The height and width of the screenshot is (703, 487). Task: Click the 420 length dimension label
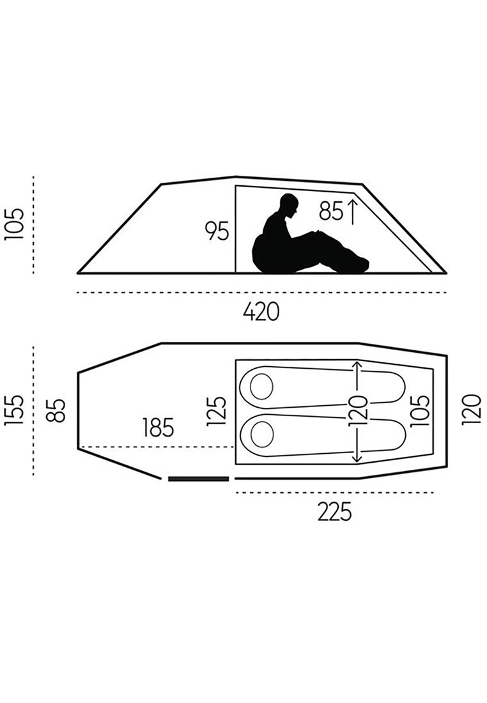pos(261,312)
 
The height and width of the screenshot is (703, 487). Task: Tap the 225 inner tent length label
pos(334,511)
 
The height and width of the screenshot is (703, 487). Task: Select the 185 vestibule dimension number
pos(158,428)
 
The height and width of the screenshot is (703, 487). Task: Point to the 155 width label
pos(13,410)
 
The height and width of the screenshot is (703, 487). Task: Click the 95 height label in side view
pos(217,231)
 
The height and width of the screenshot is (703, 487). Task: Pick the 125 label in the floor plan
pos(217,411)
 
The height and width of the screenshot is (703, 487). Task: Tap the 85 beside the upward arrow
pos(332,211)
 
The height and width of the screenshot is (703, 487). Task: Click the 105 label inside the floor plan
pos(420,410)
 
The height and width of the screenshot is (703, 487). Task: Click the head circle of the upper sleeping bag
pos(261,386)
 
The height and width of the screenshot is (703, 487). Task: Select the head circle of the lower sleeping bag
pos(262,435)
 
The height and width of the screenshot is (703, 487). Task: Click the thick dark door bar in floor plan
pos(199,479)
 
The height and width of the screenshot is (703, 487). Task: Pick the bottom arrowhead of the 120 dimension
pos(357,458)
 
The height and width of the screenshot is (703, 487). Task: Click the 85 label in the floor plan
pos(56,410)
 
